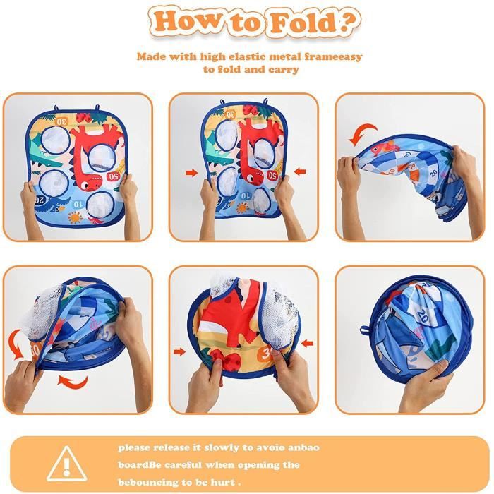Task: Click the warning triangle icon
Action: pos(66,464)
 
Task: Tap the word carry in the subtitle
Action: pos(284,70)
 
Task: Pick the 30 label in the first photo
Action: pos(62,121)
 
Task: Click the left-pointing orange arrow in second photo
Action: pos(300,171)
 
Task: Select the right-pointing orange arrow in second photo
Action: pos(191,173)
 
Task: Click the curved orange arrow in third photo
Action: pos(363,133)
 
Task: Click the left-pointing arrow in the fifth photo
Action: pos(307,343)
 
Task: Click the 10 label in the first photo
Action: pos(78,204)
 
